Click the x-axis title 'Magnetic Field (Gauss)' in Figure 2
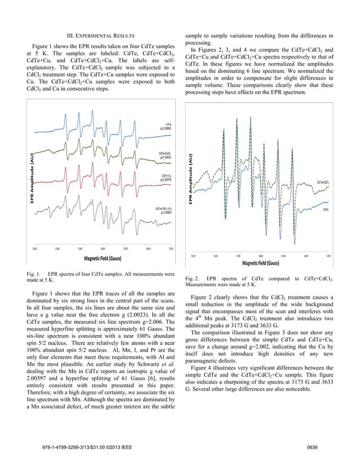(x=261, y=263)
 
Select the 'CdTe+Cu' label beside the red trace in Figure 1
(x=166, y=176)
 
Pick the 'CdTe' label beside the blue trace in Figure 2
(x=326, y=209)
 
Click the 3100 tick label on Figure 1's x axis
(x=35, y=248)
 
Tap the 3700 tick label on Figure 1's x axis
(x=171, y=248)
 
